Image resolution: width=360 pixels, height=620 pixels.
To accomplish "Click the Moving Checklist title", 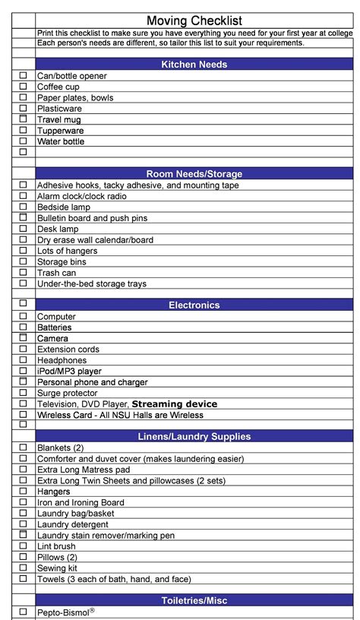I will [194, 21].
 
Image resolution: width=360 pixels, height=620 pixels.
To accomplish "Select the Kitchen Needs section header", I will [194, 65].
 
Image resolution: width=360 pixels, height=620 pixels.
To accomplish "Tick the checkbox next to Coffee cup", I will [23, 87].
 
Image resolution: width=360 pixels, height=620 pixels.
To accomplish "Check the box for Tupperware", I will [23, 130].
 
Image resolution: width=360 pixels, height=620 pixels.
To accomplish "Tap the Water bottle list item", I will [61, 141].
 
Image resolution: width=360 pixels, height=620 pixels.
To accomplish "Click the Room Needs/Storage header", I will [194, 174].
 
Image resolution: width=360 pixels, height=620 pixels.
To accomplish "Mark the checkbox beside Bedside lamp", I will [23, 207].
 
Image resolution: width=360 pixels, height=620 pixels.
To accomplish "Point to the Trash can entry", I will [57, 273].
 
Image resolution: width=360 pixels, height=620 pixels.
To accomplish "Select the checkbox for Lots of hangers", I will [23, 251].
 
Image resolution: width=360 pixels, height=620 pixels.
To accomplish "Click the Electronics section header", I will [194, 305].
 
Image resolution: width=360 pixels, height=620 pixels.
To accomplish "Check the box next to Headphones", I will [23, 360].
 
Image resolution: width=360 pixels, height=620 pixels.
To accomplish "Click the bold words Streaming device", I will [175, 404].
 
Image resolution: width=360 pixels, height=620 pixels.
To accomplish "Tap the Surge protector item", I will [68, 394].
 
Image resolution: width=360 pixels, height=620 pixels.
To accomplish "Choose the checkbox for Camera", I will [23, 338].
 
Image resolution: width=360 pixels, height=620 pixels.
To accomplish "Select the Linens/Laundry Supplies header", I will [194, 437].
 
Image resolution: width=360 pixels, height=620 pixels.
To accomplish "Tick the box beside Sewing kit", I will [23, 568].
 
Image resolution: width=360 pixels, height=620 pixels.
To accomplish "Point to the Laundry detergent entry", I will [74, 524].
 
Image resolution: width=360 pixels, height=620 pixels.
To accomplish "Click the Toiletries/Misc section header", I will [194, 601].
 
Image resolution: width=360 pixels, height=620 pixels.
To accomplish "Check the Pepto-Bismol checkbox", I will [23, 612].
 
